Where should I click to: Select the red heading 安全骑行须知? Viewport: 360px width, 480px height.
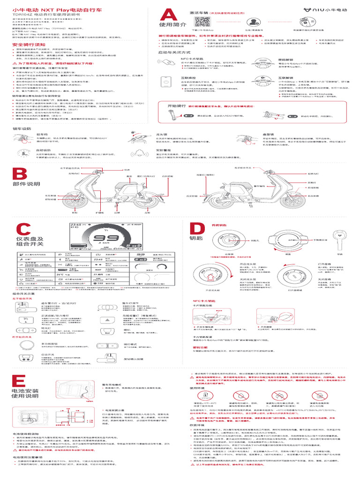click(x=25, y=45)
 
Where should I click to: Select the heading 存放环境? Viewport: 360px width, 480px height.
click(x=197, y=425)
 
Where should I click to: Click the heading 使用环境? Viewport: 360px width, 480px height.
click(x=197, y=388)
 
